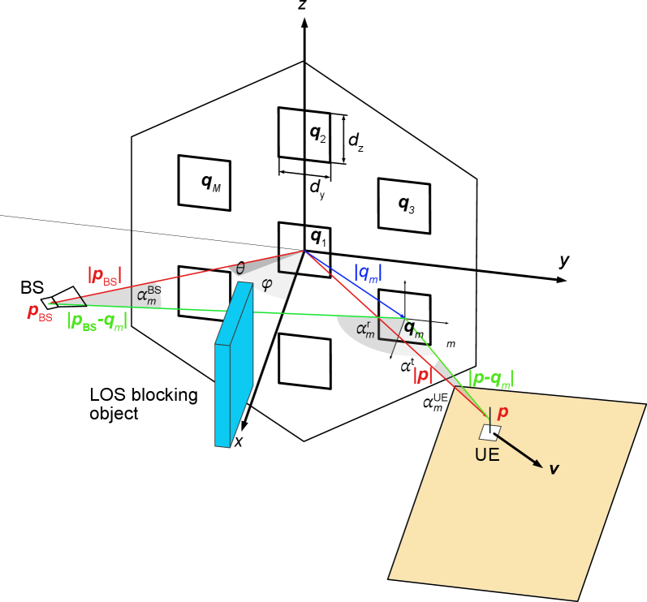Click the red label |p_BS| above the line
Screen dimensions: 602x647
(105, 276)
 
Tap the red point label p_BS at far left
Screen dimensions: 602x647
(40, 312)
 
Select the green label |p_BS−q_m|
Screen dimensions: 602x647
(97, 321)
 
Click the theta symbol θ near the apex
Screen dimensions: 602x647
(240, 269)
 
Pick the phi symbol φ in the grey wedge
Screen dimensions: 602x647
(266, 285)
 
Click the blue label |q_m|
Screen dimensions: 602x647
(368, 273)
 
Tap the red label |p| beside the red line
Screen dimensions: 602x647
(422, 375)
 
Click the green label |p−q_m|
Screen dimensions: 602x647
(490, 378)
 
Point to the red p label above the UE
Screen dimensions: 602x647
(503, 413)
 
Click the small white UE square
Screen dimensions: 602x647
(490, 432)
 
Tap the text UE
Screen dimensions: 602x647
(486, 455)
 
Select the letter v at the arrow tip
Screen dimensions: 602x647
(554, 469)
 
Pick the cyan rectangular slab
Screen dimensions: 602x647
(234, 365)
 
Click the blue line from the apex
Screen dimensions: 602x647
(353, 284)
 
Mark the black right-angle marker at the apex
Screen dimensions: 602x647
(285, 264)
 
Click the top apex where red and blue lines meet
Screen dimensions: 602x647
(304, 252)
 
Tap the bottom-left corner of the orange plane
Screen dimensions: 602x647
(390, 578)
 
